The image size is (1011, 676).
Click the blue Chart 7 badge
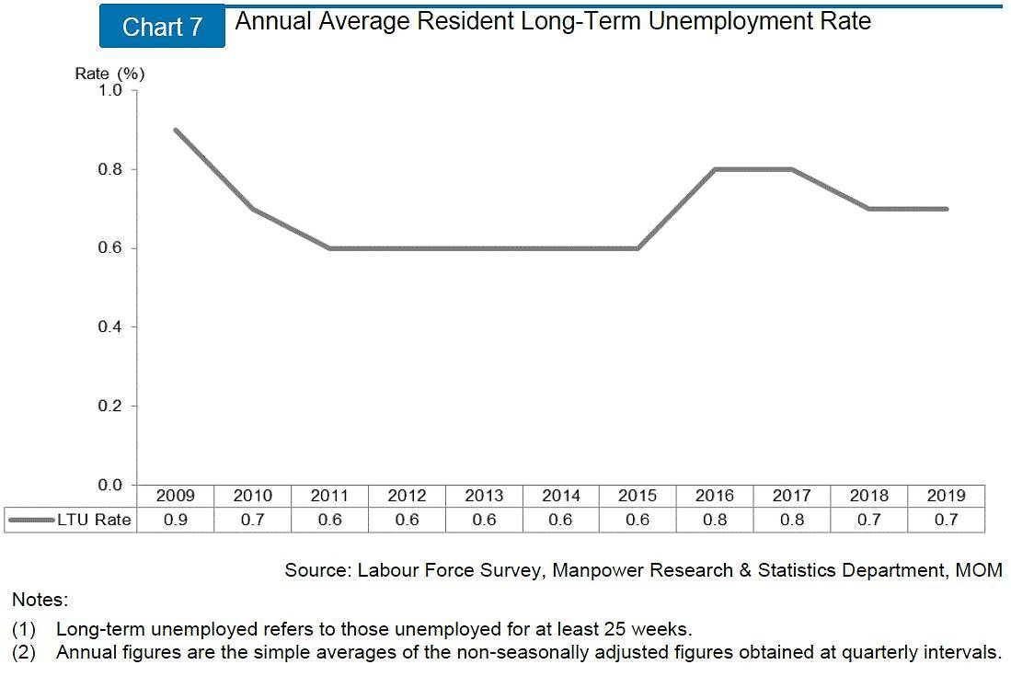click(x=162, y=27)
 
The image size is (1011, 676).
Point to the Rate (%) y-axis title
click(x=109, y=74)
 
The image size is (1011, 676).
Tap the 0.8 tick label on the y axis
click(x=109, y=169)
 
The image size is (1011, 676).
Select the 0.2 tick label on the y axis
click(x=109, y=406)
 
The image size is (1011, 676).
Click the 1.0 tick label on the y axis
click(x=109, y=90)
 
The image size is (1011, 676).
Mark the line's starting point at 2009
click(x=175, y=130)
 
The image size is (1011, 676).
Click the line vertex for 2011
click(x=329, y=248)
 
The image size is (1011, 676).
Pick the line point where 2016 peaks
click(x=715, y=169)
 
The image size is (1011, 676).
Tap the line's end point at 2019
click(x=947, y=209)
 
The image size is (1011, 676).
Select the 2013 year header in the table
click(x=484, y=496)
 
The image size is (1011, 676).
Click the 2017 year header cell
click(x=792, y=496)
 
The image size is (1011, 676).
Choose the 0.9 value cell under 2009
click(x=175, y=520)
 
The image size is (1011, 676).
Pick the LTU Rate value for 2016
click(x=715, y=520)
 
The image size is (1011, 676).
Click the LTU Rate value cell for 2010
click(x=252, y=520)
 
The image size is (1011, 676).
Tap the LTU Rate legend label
click(x=94, y=520)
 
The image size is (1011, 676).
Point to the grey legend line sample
click(x=31, y=520)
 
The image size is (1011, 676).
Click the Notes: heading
click(x=40, y=600)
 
